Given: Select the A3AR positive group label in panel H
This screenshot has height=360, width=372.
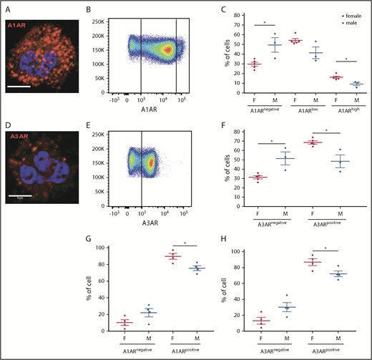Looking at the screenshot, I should pyautogui.click(x=323, y=351).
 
